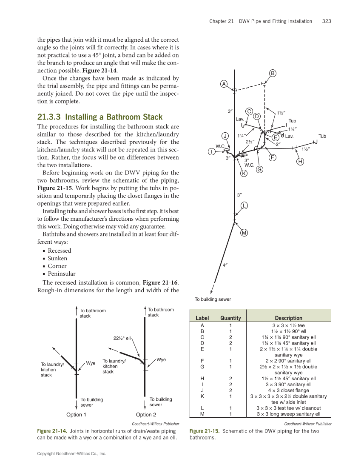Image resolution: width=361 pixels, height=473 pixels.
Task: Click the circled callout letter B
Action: (273, 73)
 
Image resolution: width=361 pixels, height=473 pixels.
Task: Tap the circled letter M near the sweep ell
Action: (244, 233)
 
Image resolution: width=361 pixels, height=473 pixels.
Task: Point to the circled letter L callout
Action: (244, 205)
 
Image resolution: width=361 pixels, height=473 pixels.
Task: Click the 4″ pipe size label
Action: (225, 265)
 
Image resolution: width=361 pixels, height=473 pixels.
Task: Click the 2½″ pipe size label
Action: (250, 142)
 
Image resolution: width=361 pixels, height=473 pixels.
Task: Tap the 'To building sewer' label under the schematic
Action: (213, 299)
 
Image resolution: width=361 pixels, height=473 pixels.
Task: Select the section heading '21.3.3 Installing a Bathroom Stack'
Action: (100, 117)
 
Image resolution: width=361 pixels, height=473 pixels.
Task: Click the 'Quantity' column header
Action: (230, 318)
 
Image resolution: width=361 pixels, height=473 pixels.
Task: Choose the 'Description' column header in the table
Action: (288, 318)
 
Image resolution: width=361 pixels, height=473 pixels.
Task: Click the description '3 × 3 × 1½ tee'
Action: (288, 325)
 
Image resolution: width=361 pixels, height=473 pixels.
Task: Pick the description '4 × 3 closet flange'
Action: (288, 390)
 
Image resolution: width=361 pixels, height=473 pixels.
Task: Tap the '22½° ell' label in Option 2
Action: (122, 338)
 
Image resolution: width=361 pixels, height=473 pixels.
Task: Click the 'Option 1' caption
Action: (77, 415)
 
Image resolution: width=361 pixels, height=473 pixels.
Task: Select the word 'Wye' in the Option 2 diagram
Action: (161, 360)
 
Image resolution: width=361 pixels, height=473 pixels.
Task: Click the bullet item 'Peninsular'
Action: (62, 274)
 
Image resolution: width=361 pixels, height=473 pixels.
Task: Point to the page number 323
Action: (327, 21)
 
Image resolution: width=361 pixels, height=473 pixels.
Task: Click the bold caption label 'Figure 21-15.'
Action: (205, 431)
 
